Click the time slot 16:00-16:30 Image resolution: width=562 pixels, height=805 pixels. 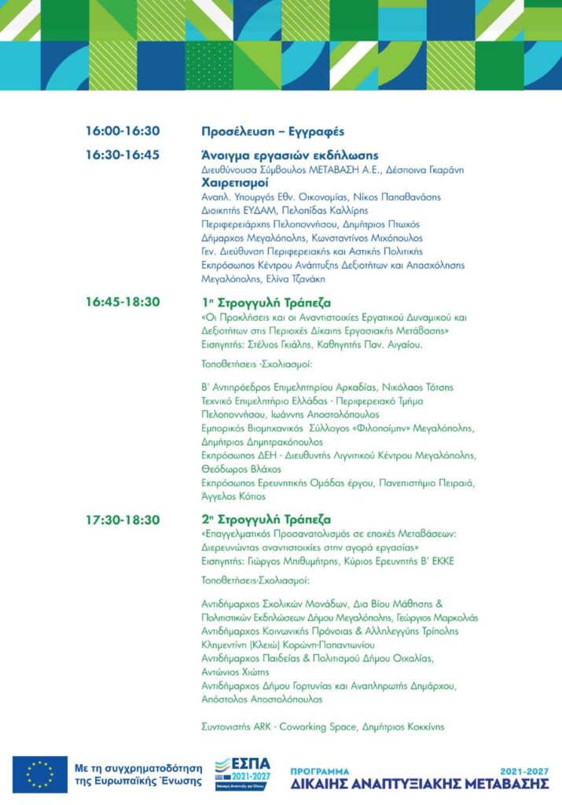(123, 131)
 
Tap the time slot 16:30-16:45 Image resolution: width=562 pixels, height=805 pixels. (123, 155)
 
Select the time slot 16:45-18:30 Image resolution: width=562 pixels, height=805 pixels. (123, 302)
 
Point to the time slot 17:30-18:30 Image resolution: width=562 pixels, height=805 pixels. (123, 520)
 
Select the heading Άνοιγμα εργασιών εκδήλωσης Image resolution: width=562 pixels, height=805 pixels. (290, 155)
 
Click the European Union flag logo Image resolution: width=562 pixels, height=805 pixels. (40, 774)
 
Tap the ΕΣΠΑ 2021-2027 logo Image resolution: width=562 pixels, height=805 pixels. (243, 774)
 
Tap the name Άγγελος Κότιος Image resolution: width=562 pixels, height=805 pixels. (234, 496)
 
